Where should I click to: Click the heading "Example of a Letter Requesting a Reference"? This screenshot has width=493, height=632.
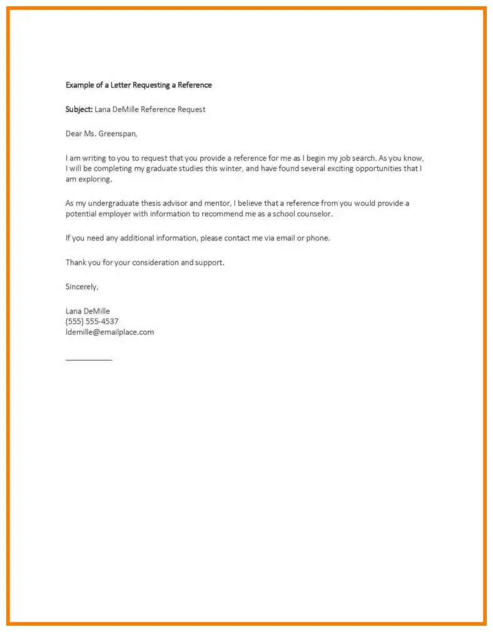tap(138, 84)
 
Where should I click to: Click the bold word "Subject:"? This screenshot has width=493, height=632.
tap(79, 110)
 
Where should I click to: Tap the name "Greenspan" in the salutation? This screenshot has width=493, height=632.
tap(117, 134)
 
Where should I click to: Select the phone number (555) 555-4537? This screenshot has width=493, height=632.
tap(92, 321)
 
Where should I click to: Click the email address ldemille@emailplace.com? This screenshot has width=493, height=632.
tap(109, 332)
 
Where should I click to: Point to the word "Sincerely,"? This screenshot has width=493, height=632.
tap(82, 287)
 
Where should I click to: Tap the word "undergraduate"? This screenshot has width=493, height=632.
tap(113, 203)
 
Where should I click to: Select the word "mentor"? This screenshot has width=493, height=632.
tap(216, 203)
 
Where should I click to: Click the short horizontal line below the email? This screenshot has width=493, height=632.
tap(89, 360)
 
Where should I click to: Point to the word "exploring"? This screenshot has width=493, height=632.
tap(95, 180)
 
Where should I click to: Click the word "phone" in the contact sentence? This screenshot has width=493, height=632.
tap(317, 238)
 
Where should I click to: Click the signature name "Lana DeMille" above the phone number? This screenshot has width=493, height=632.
tap(88, 310)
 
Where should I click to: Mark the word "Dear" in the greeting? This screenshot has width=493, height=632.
tap(74, 134)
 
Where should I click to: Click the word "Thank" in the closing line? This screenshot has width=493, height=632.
tap(76, 263)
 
